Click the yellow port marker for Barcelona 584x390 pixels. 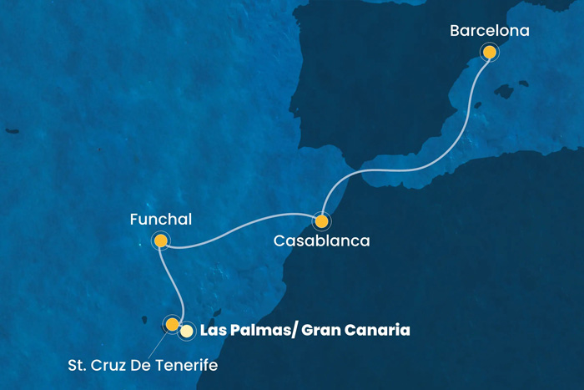(x=490, y=53)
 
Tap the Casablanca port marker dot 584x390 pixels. (x=321, y=221)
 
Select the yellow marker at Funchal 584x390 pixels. (x=161, y=241)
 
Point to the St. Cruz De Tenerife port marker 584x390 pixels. (x=172, y=323)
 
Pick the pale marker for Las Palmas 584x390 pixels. (x=187, y=331)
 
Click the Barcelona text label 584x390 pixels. (x=489, y=31)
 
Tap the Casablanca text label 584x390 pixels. (x=321, y=241)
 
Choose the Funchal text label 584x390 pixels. (x=161, y=220)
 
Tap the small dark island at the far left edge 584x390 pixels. (x=11, y=131)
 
